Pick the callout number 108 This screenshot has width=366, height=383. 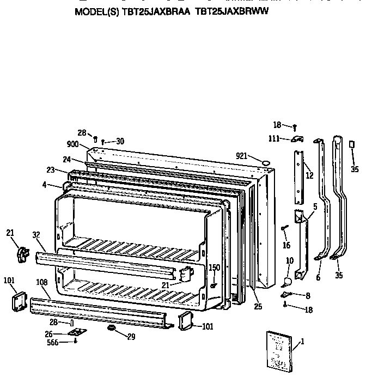click(x=41, y=283)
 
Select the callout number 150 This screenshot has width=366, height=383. click(x=215, y=268)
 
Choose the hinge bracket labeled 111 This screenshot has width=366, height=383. click(x=296, y=139)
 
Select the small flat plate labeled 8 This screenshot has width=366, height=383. click(x=286, y=294)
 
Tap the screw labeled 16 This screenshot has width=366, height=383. click(x=284, y=228)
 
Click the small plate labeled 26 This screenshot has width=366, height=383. click(x=76, y=332)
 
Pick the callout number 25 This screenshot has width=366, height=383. click(x=258, y=307)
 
